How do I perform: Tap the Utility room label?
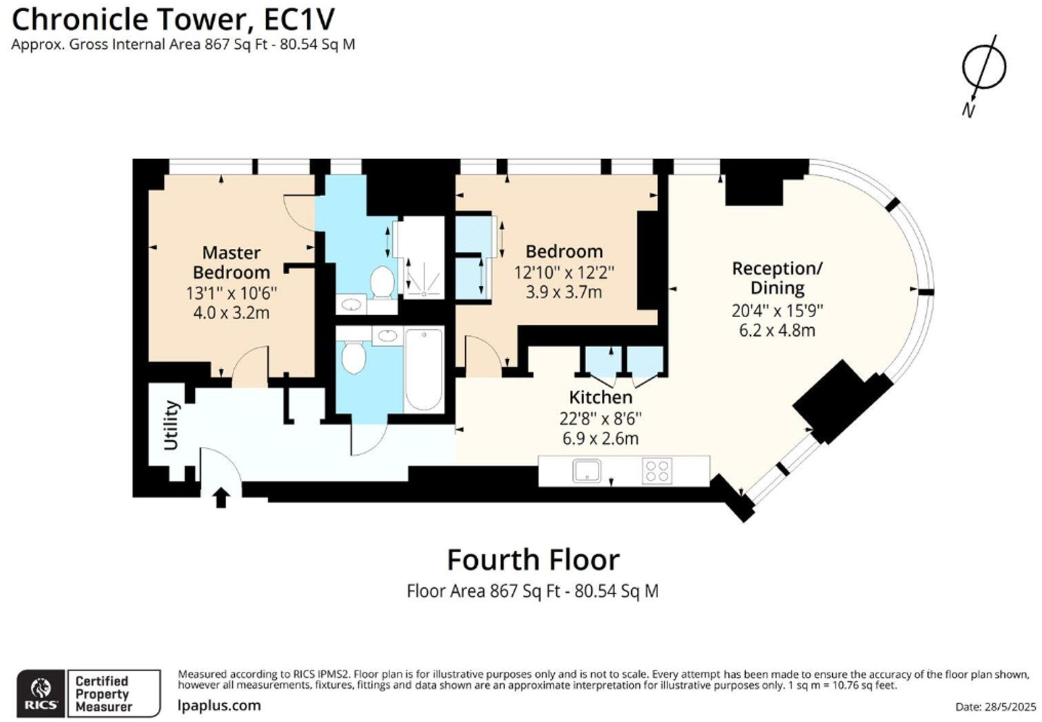(171, 425)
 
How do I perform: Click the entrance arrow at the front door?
(221, 498)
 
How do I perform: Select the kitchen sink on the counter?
(587, 471)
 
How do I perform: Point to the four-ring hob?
(657, 471)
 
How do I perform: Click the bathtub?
(424, 369)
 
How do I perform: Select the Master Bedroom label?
(231, 263)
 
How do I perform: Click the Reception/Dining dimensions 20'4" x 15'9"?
(777, 310)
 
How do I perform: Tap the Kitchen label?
(601, 397)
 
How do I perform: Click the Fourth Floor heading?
(533, 560)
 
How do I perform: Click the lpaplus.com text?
(219, 705)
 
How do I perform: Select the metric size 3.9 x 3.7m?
(564, 292)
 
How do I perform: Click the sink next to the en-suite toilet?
(351, 305)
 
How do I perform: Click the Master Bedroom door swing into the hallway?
(250, 367)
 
